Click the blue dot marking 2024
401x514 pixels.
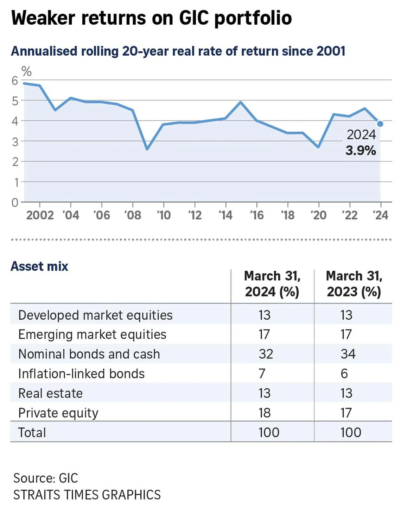point(380,124)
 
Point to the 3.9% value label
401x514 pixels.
point(361,151)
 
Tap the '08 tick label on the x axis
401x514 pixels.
point(133,215)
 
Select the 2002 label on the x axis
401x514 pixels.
point(40,215)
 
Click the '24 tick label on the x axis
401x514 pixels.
point(380,215)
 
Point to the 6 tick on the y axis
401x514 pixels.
point(15,81)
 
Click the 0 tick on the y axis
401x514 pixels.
point(15,202)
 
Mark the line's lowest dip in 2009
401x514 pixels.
point(147,149)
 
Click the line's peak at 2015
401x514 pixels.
point(241,102)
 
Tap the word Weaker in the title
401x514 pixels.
point(43,18)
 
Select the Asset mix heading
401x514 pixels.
point(39,266)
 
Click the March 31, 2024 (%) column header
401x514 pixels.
point(272,284)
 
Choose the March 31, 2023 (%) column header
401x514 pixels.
point(354,284)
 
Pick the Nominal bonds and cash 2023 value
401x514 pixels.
point(348,354)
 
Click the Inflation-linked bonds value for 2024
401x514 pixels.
point(262,374)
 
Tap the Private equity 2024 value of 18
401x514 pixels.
point(265,413)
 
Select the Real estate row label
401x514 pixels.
point(50,393)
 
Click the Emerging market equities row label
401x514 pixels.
point(92,334)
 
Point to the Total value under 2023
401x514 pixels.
point(351,432)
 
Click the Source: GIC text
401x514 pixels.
point(45,478)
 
